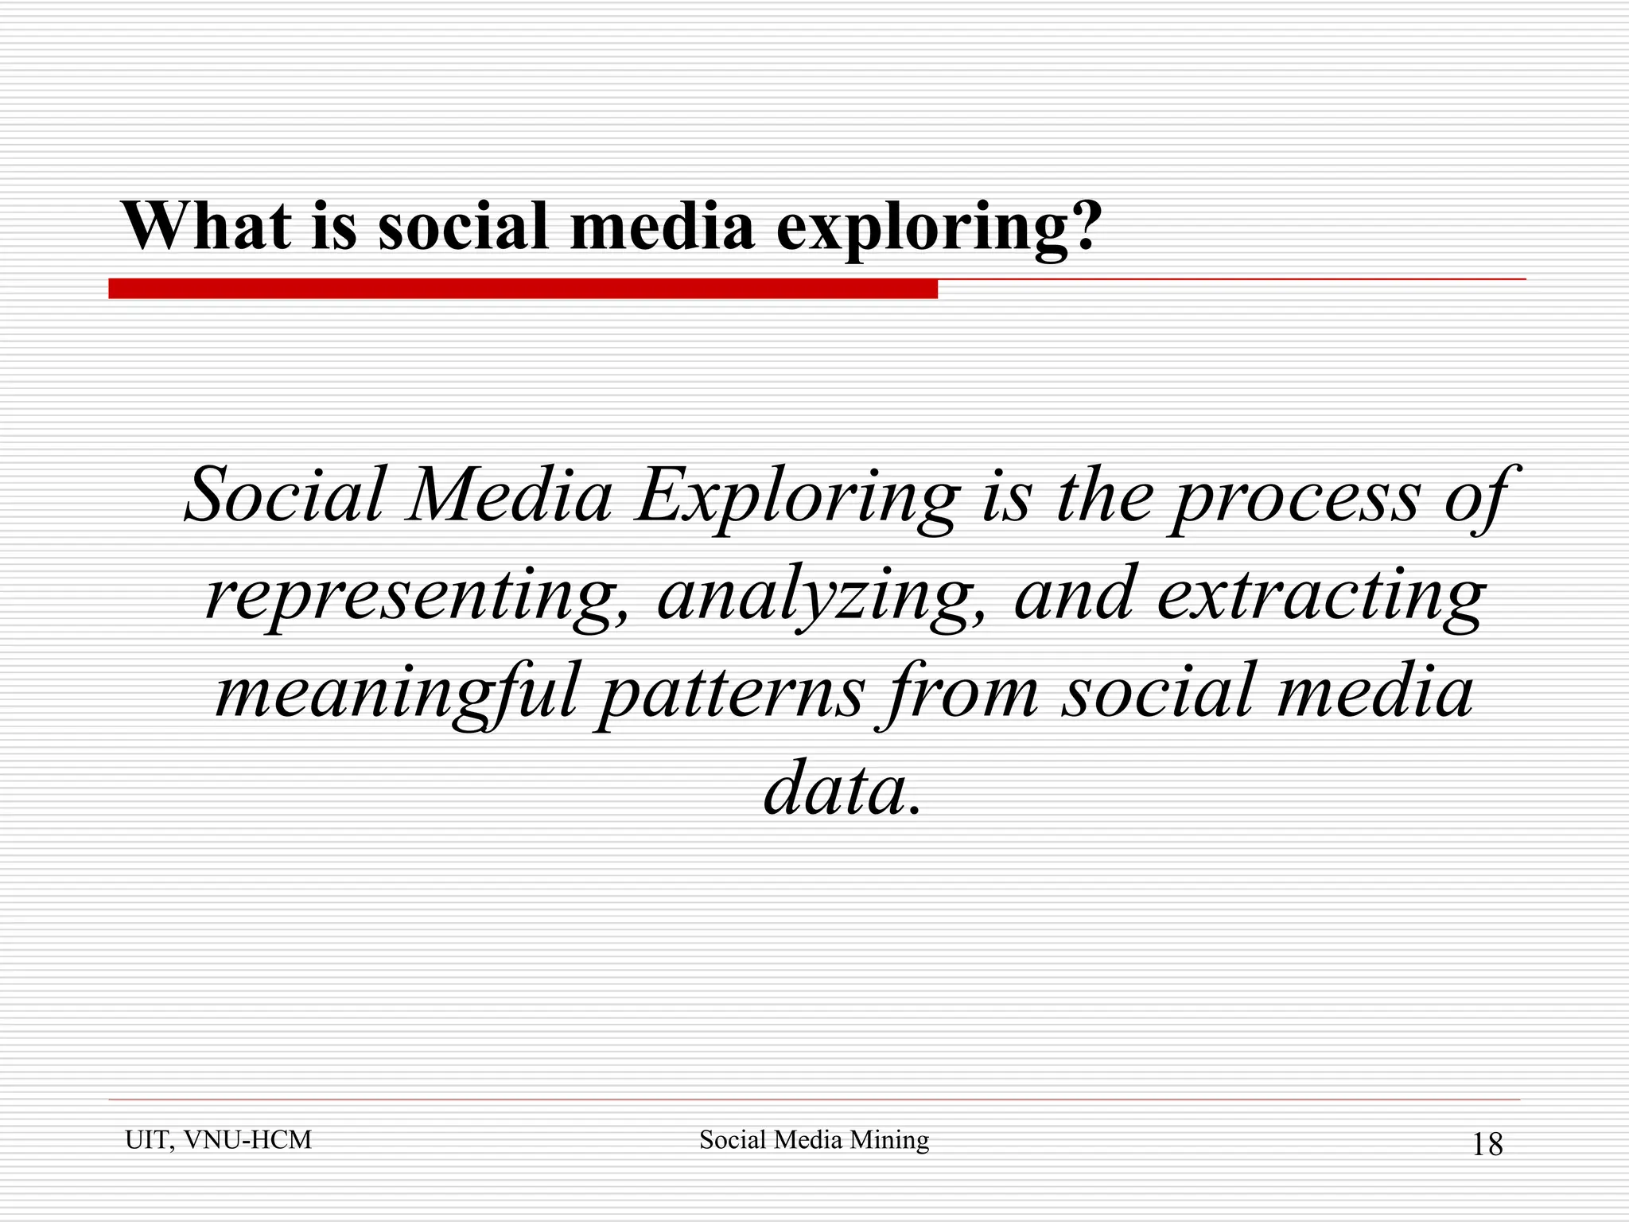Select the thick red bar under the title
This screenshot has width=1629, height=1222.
click(523, 289)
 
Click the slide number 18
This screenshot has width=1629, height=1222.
click(1487, 1145)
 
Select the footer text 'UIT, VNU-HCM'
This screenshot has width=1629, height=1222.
click(218, 1140)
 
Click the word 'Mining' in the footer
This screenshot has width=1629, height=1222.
click(888, 1140)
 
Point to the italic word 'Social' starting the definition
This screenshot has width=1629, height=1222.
click(283, 496)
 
